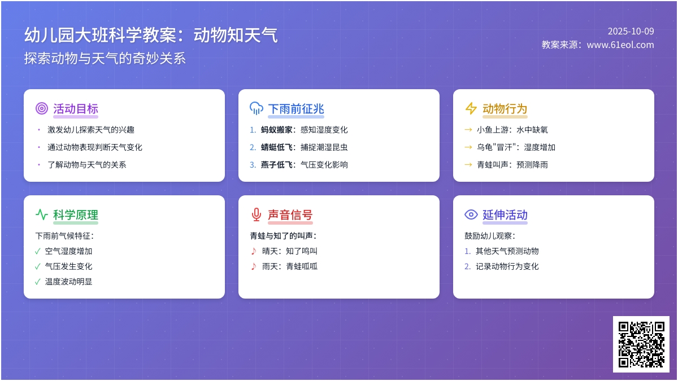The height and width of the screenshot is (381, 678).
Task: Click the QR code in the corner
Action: point(641,344)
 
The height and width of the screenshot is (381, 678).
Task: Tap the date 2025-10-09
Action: point(631,32)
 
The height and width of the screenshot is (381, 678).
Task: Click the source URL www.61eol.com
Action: point(620,45)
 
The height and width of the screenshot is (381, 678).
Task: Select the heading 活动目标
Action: point(76,109)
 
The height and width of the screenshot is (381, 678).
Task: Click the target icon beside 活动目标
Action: point(42,108)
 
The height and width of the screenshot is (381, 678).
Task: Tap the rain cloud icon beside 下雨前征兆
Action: point(257,108)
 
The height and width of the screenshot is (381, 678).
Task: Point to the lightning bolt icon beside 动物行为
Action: point(471,108)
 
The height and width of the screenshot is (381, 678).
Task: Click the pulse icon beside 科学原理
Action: point(42,214)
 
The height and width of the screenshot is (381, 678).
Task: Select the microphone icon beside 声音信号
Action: point(257,214)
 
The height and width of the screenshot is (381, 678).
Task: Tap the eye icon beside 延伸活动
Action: point(471,214)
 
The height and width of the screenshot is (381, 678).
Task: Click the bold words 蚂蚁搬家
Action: point(277,130)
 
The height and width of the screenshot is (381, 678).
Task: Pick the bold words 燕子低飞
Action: point(277,165)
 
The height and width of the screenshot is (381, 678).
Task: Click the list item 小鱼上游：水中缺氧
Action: point(512,130)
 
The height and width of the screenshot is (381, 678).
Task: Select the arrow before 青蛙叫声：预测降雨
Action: point(468,165)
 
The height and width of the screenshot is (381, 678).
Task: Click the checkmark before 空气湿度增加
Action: point(38,251)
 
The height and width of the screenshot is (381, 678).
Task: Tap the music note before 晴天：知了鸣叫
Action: point(254,251)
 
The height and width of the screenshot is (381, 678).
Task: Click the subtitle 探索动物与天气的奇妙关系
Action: point(105,59)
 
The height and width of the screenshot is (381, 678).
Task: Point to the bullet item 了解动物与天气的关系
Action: point(87,165)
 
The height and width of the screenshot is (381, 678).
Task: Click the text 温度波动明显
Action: point(68,282)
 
